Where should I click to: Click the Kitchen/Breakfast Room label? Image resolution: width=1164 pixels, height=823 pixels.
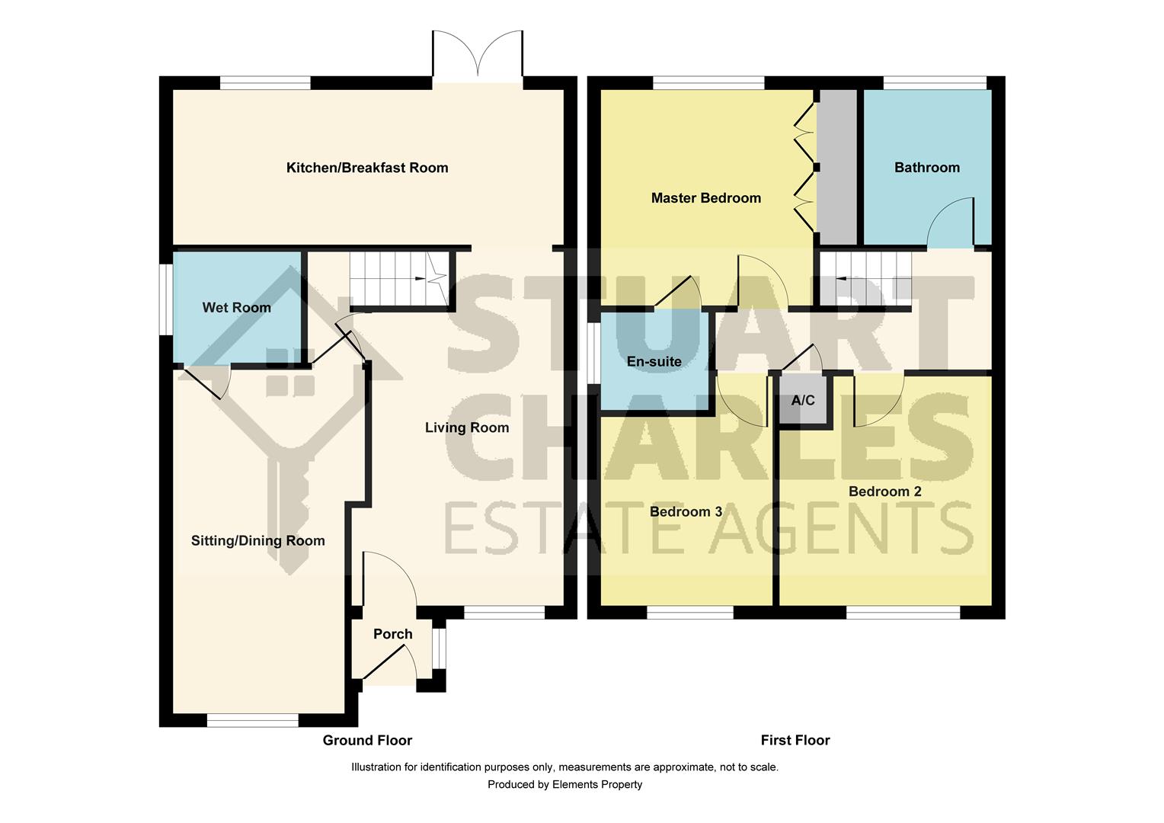point(366,168)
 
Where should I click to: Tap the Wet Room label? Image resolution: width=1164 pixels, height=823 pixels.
point(236,308)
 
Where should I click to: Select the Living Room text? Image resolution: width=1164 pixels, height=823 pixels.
point(466,428)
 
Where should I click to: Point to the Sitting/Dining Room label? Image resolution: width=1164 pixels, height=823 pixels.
point(257,541)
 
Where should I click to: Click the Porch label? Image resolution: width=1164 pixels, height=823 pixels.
point(392,634)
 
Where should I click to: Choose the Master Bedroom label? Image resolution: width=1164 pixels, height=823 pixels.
point(705,198)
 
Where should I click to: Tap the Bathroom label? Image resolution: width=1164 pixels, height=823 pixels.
point(926,168)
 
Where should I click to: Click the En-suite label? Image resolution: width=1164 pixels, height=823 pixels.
point(654,361)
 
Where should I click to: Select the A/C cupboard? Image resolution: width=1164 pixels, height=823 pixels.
point(803,401)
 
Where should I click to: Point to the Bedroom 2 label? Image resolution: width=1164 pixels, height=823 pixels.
point(884,492)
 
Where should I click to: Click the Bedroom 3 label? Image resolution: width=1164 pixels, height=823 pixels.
point(686,511)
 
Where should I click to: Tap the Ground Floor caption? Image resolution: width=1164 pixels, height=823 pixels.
point(367,740)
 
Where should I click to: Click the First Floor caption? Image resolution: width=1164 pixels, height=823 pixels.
point(795,740)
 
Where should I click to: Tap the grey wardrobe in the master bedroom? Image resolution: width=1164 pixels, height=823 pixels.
point(836,168)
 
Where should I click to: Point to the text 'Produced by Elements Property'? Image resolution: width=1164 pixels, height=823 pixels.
point(564,784)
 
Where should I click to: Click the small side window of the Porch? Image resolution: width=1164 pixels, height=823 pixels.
point(438,648)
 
